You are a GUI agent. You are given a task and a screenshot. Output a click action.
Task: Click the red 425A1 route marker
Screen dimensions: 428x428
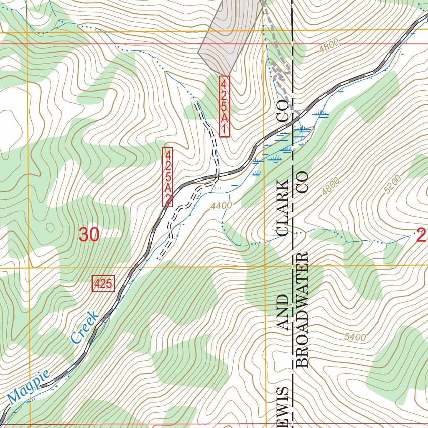[224, 106]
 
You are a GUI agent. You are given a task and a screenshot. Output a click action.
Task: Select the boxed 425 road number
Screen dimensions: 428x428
[103, 284]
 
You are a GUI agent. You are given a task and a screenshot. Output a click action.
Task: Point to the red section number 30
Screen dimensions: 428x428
[89, 235]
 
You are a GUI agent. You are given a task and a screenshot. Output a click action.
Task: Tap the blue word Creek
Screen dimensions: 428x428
[85, 327]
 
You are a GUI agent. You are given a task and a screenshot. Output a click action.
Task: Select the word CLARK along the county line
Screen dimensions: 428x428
[283, 208]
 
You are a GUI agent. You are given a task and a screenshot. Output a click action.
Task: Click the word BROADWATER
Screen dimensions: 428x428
[302, 310]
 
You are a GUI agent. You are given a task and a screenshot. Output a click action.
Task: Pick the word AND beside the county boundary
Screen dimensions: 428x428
[283, 313]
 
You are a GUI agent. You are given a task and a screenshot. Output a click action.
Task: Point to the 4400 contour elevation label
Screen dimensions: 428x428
[221, 206]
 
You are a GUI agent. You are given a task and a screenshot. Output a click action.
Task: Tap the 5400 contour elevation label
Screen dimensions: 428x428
[355, 337]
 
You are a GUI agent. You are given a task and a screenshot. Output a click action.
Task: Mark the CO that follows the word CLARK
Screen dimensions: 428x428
[283, 111]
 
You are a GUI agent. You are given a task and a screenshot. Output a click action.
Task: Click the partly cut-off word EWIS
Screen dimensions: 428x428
[283, 403]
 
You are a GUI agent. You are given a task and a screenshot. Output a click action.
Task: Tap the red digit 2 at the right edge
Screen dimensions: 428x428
[421, 236]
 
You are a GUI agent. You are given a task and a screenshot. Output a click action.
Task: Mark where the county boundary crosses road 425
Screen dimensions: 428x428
[293, 121]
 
